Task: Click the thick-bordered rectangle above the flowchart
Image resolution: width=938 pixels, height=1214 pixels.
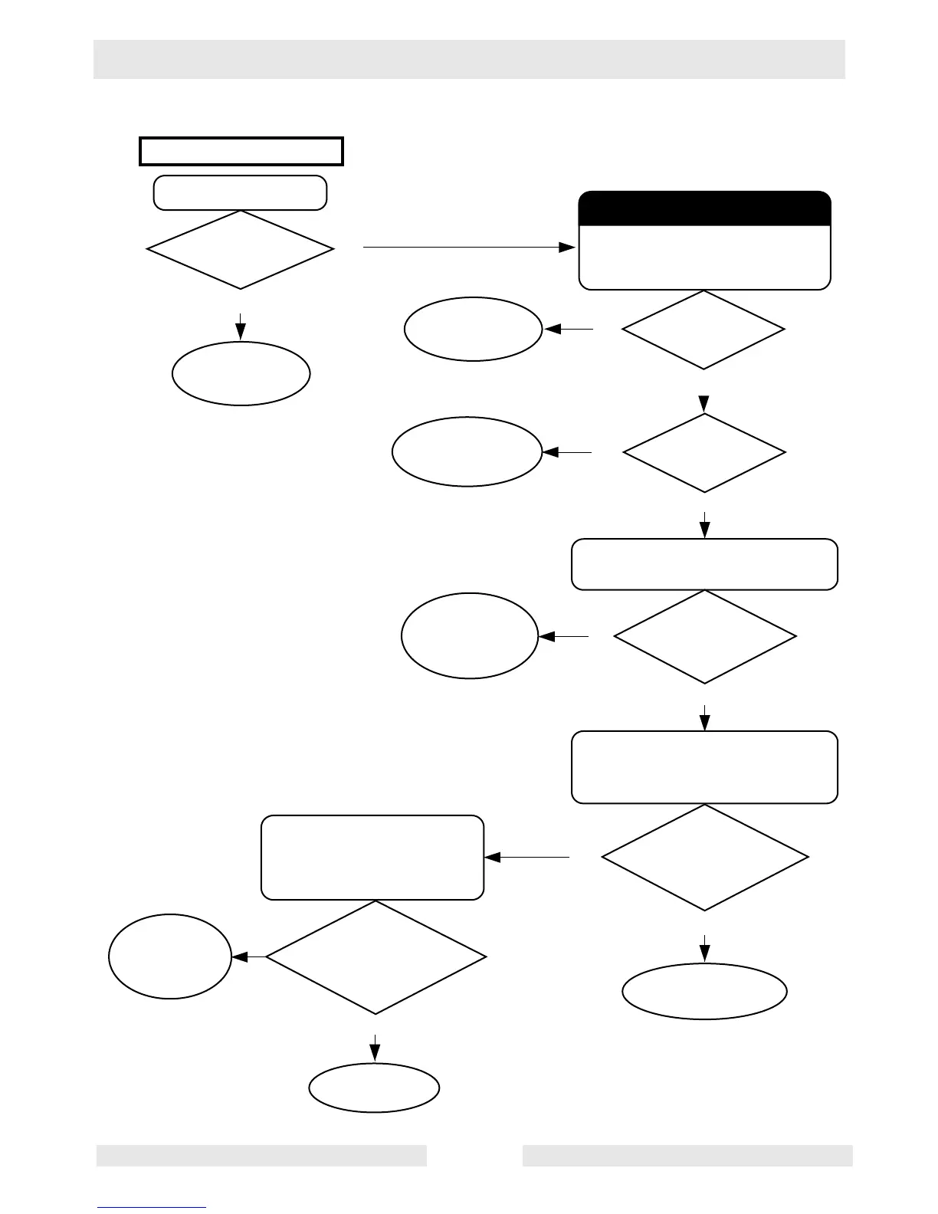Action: pyautogui.click(x=241, y=151)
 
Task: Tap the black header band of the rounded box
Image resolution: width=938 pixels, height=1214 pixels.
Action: pyautogui.click(x=704, y=208)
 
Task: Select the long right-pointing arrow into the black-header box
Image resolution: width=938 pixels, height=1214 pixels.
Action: pyautogui.click(x=468, y=248)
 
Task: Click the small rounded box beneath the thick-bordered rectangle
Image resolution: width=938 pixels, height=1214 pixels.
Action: pyautogui.click(x=240, y=192)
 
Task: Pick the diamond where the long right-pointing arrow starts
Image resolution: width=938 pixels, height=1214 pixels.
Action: pyautogui.click(x=240, y=249)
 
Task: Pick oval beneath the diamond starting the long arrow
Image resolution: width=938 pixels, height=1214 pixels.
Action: pyautogui.click(x=241, y=373)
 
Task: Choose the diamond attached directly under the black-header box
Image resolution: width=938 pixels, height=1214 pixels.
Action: pyautogui.click(x=703, y=330)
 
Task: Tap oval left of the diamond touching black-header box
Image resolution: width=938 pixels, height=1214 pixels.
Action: pyautogui.click(x=473, y=329)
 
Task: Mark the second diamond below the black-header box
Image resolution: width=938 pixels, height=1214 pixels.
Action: pyautogui.click(x=704, y=453)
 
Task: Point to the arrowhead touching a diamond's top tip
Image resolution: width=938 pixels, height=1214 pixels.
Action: pyautogui.click(x=704, y=404)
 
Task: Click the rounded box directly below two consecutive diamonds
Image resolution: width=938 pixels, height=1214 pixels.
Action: pyautogui.click(x=704, y=564)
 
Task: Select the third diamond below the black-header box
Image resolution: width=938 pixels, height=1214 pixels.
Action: pyautogui.click(x=704, y=636)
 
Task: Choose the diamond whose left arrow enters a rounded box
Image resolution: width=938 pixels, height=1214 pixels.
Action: pyautogui.click(x=704, y=857)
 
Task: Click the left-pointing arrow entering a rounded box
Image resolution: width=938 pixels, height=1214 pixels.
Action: pyautogui.click(x=527, y=857)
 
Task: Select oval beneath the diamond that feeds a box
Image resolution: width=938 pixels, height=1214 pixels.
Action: pyautogui.click(x=704, y=991)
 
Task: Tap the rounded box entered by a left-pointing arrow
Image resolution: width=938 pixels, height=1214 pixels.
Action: pyautogui.click(x=372, y=857)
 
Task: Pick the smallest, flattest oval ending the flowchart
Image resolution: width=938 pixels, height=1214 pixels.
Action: pyautogui.click(x=374, y=1087)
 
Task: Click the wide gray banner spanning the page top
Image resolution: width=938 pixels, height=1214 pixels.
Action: pyautogui.click(x=469, y=59)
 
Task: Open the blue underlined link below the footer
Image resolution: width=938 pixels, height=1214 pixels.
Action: pyautogui.click(x=152, y=1206)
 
